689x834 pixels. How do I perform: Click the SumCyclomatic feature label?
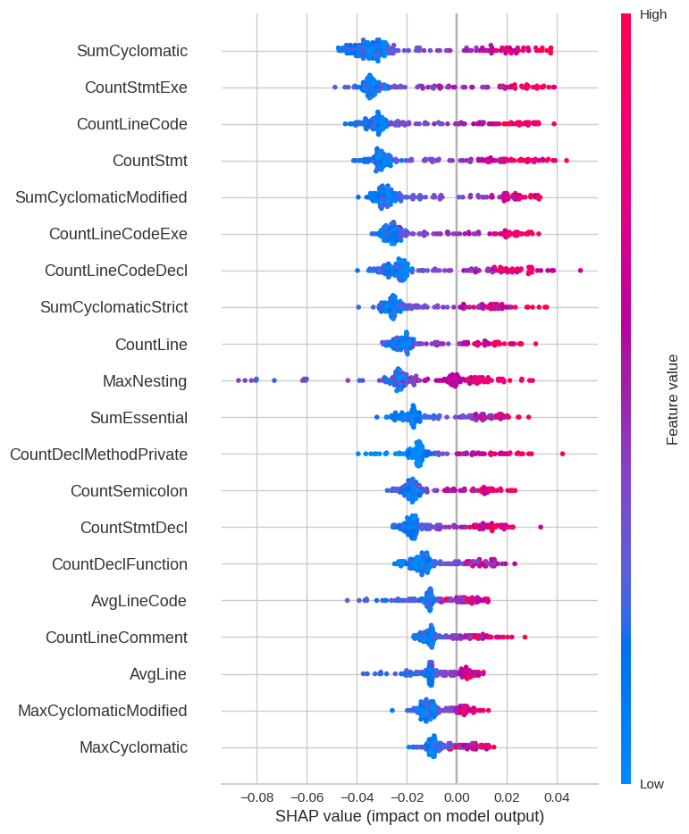132,51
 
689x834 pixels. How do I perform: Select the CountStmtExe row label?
136,88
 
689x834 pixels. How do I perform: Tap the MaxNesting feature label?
145,381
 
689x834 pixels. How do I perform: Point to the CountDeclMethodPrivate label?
98,455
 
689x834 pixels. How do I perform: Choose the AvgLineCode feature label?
139,601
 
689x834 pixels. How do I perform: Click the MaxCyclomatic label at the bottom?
133,747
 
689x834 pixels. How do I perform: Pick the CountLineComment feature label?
116,638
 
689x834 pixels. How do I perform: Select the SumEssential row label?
139,418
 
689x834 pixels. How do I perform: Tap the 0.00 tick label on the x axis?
456,796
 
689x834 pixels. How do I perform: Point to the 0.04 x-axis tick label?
556,796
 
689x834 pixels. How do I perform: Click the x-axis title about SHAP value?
409,816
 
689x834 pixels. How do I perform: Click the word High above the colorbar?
653,14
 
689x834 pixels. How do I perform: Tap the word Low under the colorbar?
651,784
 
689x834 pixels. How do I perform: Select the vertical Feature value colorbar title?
672,399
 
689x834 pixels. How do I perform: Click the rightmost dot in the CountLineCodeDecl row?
580,270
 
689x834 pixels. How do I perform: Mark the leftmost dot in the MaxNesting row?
239,380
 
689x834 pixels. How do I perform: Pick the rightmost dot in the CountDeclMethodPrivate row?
562,454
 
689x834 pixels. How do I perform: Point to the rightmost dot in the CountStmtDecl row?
541,527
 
